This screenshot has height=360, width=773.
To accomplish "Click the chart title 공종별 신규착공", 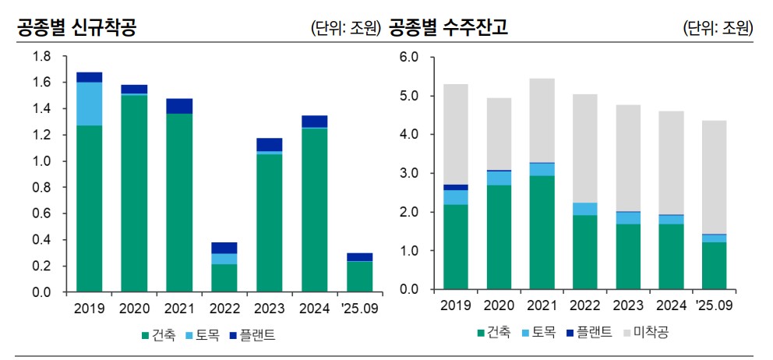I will coord(76,29).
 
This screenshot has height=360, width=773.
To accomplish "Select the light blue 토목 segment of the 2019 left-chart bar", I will coord(89,104).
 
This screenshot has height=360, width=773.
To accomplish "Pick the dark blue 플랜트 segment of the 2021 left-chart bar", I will coord(179,106).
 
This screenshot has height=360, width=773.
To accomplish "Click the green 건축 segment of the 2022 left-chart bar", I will coord(224,278).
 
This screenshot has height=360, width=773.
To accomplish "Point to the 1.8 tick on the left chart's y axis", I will coord(41,57).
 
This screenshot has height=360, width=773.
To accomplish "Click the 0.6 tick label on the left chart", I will coord(41,214).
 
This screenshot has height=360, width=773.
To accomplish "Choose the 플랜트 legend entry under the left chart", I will coord(253,336).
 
